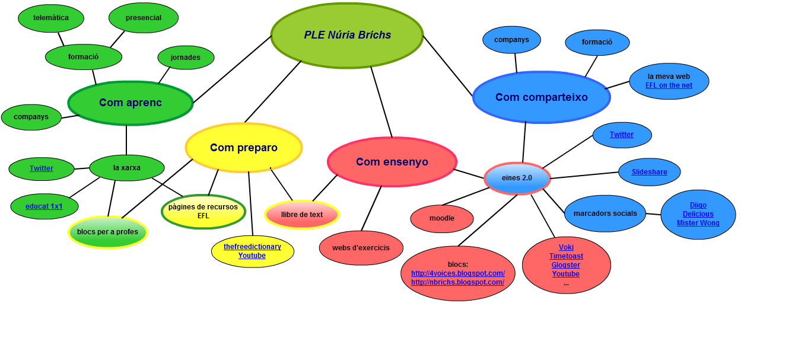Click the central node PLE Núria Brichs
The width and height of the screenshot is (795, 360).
(347, 35)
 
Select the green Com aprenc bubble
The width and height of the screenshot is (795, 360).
(131, 103)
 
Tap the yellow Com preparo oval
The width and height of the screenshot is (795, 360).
(244, 148)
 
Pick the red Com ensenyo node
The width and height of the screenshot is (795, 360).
(392, 162)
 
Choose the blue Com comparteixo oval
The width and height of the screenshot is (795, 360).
(542, 97)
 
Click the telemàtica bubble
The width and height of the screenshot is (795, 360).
(51, 18)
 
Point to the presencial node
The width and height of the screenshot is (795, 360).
(144, 18)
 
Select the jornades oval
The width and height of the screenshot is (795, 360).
(186, 58)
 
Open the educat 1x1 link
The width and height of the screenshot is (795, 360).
(44, 206)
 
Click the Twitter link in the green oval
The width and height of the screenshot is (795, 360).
(42, 168)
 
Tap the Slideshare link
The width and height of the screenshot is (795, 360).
(649, 172)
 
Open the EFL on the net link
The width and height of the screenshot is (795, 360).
(669, 85)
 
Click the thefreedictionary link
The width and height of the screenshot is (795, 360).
(252, 247)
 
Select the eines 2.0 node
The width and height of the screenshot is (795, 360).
(517, 178)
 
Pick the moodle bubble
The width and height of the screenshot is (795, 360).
(442, 218)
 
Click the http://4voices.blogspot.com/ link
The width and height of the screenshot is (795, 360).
(458, 273)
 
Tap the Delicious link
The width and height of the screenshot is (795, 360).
(698, 214)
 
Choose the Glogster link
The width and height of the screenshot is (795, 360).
(566, 265)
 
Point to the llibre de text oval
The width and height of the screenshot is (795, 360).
(302, 215)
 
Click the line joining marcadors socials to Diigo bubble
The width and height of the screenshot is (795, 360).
(653, 214)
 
